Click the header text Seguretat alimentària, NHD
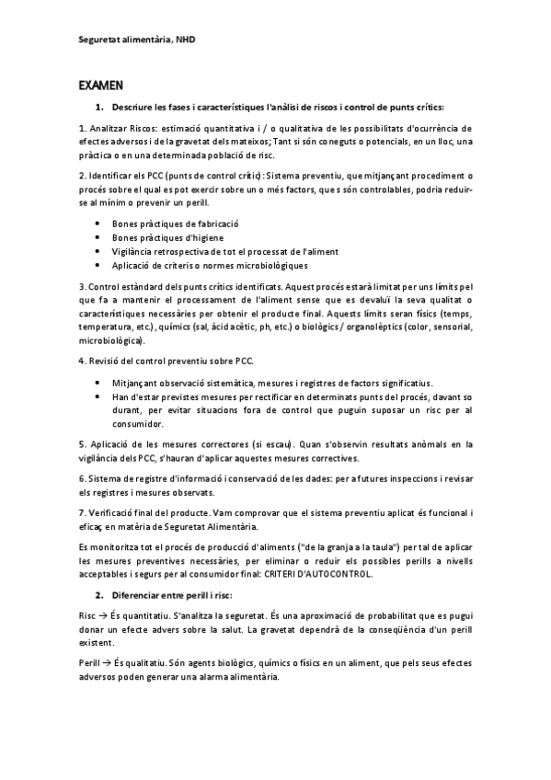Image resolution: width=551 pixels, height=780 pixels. coord(137,40)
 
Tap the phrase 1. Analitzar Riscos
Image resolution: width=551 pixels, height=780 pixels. coord(120,129)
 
